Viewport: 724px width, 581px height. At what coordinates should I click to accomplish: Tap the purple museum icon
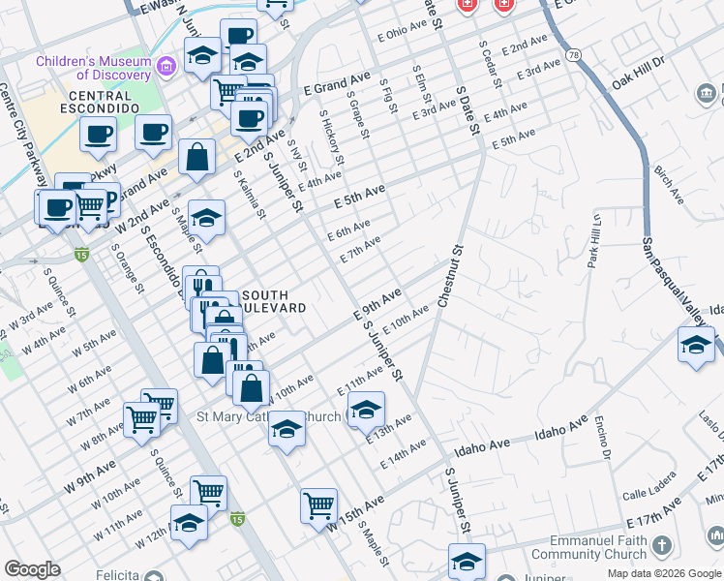click(166, 66)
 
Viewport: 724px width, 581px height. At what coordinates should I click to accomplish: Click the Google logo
click(32, 569)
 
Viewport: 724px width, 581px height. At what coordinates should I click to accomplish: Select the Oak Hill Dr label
click(639, 76)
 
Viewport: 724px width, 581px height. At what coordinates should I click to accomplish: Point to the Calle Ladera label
click(648, 494)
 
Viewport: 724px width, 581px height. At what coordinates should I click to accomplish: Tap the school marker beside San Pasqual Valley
click(696, 346)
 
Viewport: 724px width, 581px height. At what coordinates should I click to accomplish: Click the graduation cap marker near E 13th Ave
click(366, 411)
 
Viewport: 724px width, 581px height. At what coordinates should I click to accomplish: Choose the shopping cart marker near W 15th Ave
click(318, 505)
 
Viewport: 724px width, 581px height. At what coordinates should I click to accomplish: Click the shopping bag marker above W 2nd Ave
click(196, 158)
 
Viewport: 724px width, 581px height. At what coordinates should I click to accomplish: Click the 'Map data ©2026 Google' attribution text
click(664, 573)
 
